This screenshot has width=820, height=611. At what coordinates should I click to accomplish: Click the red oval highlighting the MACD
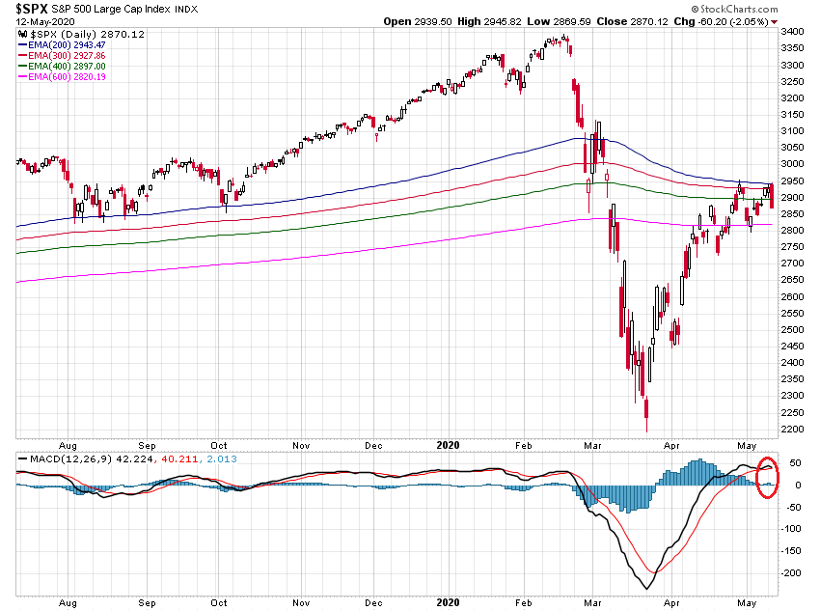768,476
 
